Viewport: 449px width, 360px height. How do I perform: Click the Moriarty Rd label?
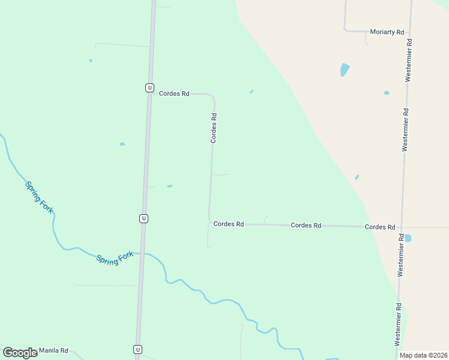point(387,32)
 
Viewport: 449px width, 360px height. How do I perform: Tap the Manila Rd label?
point(53,350)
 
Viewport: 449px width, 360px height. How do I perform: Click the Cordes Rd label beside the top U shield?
point(174,94)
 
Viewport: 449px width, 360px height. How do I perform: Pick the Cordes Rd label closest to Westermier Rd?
point(379,227)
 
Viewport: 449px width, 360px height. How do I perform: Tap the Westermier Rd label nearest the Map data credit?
point(397,324)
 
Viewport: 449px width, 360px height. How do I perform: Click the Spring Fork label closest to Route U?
point(115,259)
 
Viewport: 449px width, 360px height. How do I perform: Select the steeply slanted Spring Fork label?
point(39,196)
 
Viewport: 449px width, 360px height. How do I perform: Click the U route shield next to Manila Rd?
point(137,349)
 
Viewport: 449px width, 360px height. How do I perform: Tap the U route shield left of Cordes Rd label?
point(149,88)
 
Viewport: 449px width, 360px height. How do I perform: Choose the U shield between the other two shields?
point(143,218)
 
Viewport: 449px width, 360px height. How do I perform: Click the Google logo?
point(20,353)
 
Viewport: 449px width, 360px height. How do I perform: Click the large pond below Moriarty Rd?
point(345,70)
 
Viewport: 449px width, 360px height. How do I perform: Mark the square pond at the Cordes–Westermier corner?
point(408,238)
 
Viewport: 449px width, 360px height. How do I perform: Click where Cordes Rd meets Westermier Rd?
point(402,227)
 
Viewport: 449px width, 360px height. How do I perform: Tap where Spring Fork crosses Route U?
point(142,254)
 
